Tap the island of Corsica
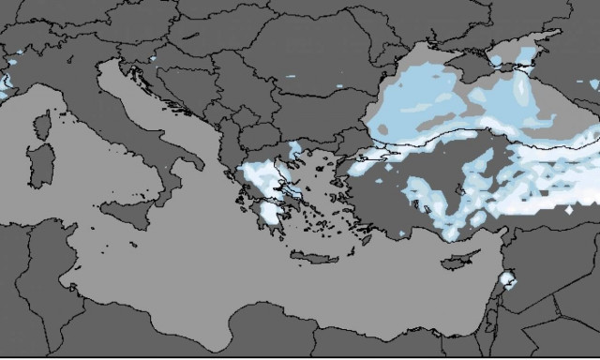click(x=43, y=126)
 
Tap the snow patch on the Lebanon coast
click(x=506, y=278)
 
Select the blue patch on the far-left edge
click(x=4, y=84)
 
